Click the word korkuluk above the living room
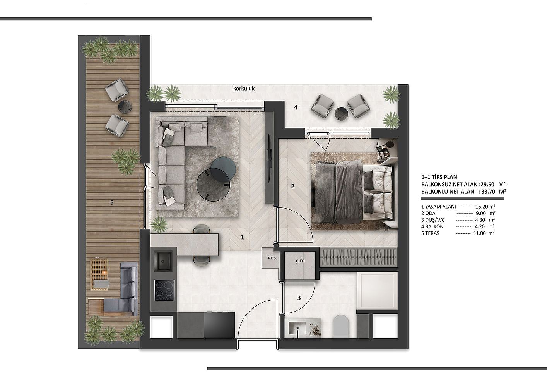244,89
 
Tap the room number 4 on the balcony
296,107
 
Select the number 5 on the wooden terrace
112,202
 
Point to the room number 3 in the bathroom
299,298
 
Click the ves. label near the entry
272,257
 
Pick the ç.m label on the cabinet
300,261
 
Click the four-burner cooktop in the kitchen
164,291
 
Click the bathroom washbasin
297,329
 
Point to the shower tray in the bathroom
377,291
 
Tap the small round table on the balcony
341,114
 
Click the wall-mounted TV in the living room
270,158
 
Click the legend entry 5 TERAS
430,233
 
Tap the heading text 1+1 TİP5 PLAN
439,177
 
